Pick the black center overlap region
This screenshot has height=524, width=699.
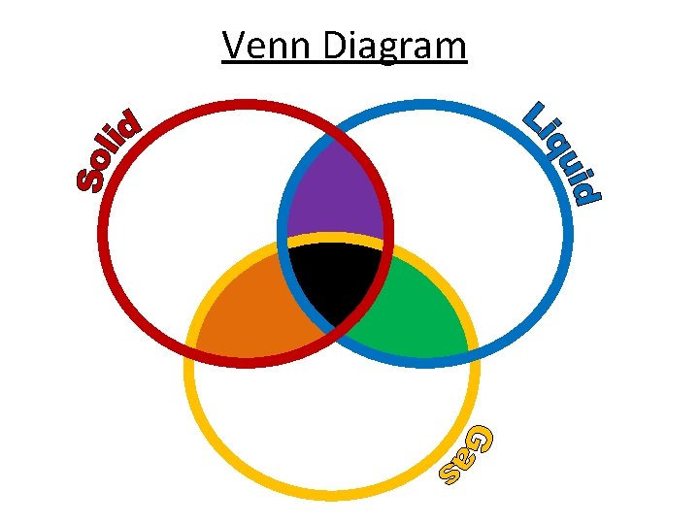(336, 277)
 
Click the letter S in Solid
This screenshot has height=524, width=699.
(90, 176)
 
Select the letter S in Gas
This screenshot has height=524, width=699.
(451, 473)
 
